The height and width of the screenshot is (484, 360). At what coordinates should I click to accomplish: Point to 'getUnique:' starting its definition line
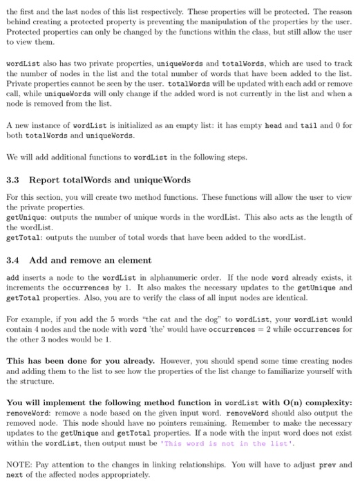click(x=25, y=217)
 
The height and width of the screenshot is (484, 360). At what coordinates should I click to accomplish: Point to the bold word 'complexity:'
click(x=325, y=403)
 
